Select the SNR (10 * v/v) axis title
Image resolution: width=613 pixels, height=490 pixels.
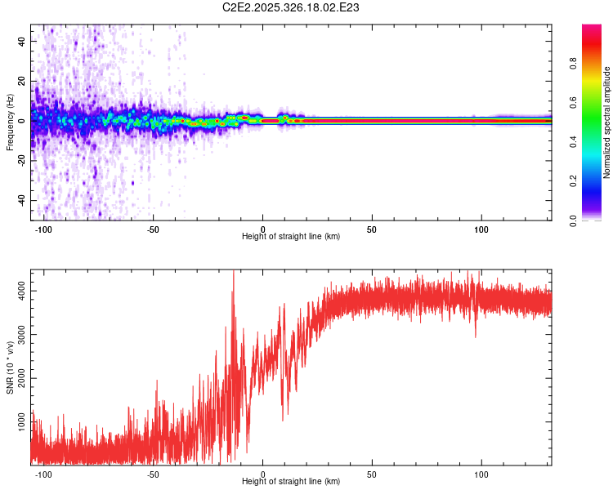[10, 368]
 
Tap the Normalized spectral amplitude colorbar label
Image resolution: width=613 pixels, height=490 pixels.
[607, 122]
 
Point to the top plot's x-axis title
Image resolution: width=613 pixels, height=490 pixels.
[291, 236]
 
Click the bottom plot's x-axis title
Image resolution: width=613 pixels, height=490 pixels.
[291, 481]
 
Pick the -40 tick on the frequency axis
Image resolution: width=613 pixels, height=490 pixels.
[20, 200]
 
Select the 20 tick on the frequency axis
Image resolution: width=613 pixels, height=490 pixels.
[22, 81]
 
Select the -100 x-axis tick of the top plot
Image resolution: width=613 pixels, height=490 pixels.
[43, 229]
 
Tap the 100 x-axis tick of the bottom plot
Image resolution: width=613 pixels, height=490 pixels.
[481, 474]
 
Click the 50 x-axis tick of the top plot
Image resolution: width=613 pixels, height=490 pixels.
[372, 229]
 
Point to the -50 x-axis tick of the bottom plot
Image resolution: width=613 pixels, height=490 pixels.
[153, 474]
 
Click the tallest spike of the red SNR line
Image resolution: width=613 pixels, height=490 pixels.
[234, 272]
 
